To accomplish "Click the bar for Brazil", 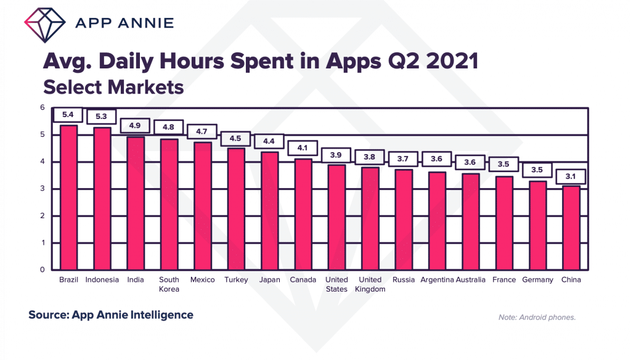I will [68, 197].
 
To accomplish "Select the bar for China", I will [571, 227].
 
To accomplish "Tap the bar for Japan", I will [270, 210].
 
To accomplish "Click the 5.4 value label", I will [68, 115].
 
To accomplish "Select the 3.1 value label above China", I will [571, 177].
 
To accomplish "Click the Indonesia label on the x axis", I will [102, 280].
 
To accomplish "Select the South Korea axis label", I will [169, 284].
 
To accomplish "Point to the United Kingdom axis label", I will [370, 284].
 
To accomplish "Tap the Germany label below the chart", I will [537, 280].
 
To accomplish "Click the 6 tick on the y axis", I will [43, 108].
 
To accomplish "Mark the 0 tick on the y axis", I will [43, 269].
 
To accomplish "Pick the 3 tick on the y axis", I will [43, 189].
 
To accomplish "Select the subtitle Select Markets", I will [113, 87].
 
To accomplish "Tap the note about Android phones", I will [537, 317].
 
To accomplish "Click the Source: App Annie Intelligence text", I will [111, 315].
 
